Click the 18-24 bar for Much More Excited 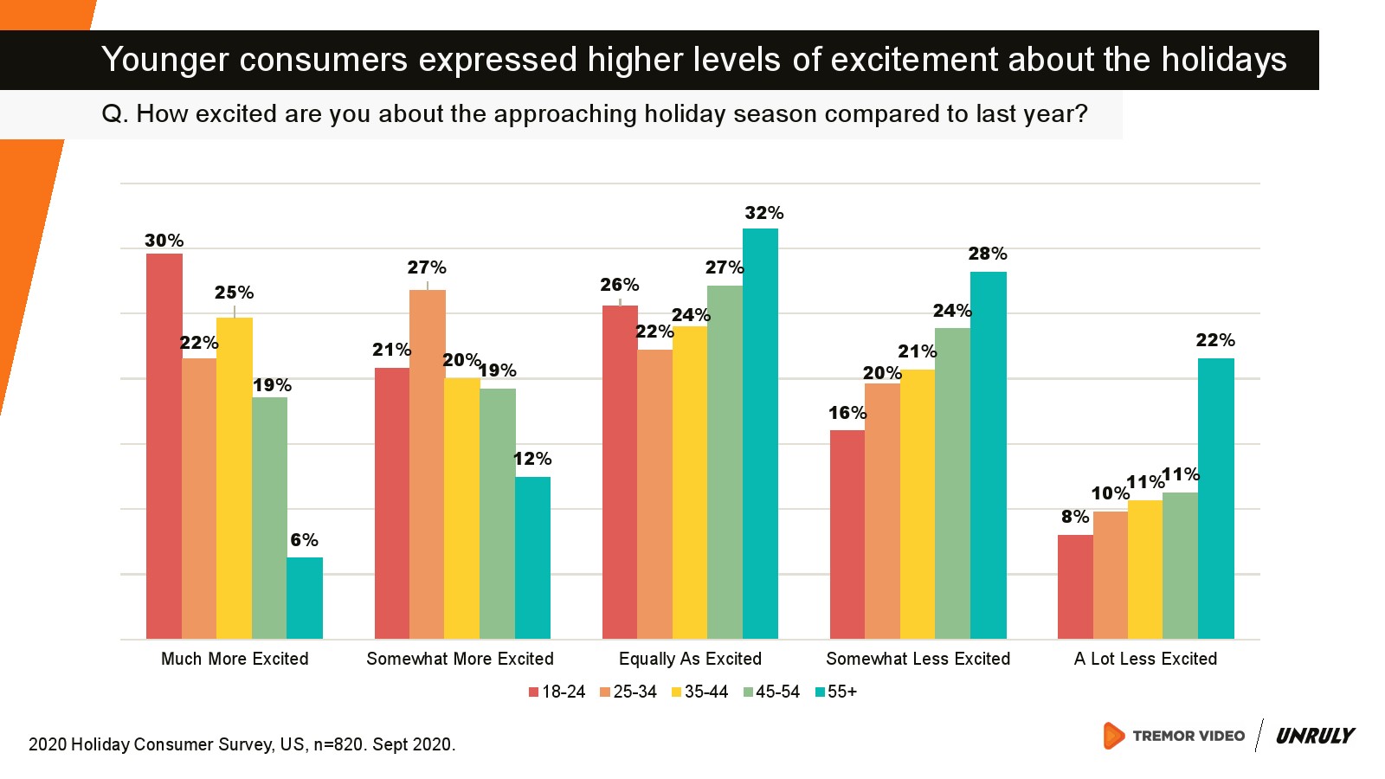tap(164, 446)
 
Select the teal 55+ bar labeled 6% tap(305, 598)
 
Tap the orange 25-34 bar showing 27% tap(428, 464)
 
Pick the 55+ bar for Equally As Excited tap(760, 433)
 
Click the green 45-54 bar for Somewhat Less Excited tap(952, 483)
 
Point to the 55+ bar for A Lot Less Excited tap(1215, 499)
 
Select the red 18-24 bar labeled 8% tap(1075, 587)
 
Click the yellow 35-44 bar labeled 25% tap(235, 478)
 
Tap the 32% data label tap(763, 213)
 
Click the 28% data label tap(987, 254)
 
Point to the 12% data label tap(532, 459)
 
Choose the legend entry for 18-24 tap(557, 692)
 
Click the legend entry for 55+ tap(835, 692)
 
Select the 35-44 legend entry tap(699, 692)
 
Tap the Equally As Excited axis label tap(690, 659)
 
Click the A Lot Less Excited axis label tap(1145, 659)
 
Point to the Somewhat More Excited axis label tap(460, 659)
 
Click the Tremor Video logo tap(1174, 736)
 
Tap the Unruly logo tap(1315, 736)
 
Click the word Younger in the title tap(164, 60)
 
